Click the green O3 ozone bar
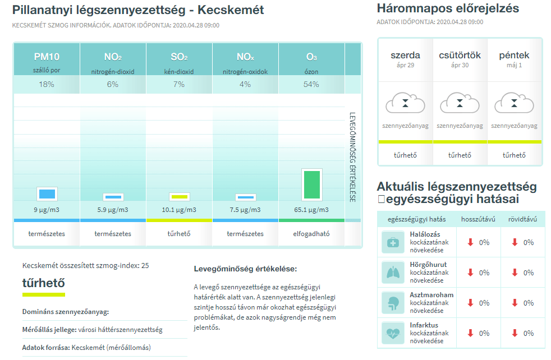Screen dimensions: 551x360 (x=312, y=184)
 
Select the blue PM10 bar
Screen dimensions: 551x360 (x=47, y=194)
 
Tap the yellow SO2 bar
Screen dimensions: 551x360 (x=179, y=197)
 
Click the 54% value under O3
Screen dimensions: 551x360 (x=311, y=84)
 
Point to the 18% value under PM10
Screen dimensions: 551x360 (x=47, y=84)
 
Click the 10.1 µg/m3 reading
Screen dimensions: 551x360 (x=179, y=210)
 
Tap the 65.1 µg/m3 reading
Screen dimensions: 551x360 (x=311, y=210)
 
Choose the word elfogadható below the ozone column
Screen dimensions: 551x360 (x=311, y=234)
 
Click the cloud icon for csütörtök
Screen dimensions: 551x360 (x=460, y=103)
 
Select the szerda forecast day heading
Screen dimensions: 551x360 (x=406, y=55)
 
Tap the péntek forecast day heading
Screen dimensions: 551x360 (x=514, y=55)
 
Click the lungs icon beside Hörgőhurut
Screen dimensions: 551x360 (x=393, y=273)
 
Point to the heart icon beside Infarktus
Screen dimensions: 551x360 (x=393, y=333)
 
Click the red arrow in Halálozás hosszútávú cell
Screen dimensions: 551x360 (x=471, y=242)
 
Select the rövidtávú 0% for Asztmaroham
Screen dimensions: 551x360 (x=529, y=303)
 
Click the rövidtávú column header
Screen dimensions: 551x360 (x=522, y=219)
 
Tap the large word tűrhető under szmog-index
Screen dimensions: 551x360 (x=44, y=283)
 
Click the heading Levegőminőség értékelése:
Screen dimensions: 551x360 (x=245, y=269)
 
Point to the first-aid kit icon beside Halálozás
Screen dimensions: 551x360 (x=393, y=242)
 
